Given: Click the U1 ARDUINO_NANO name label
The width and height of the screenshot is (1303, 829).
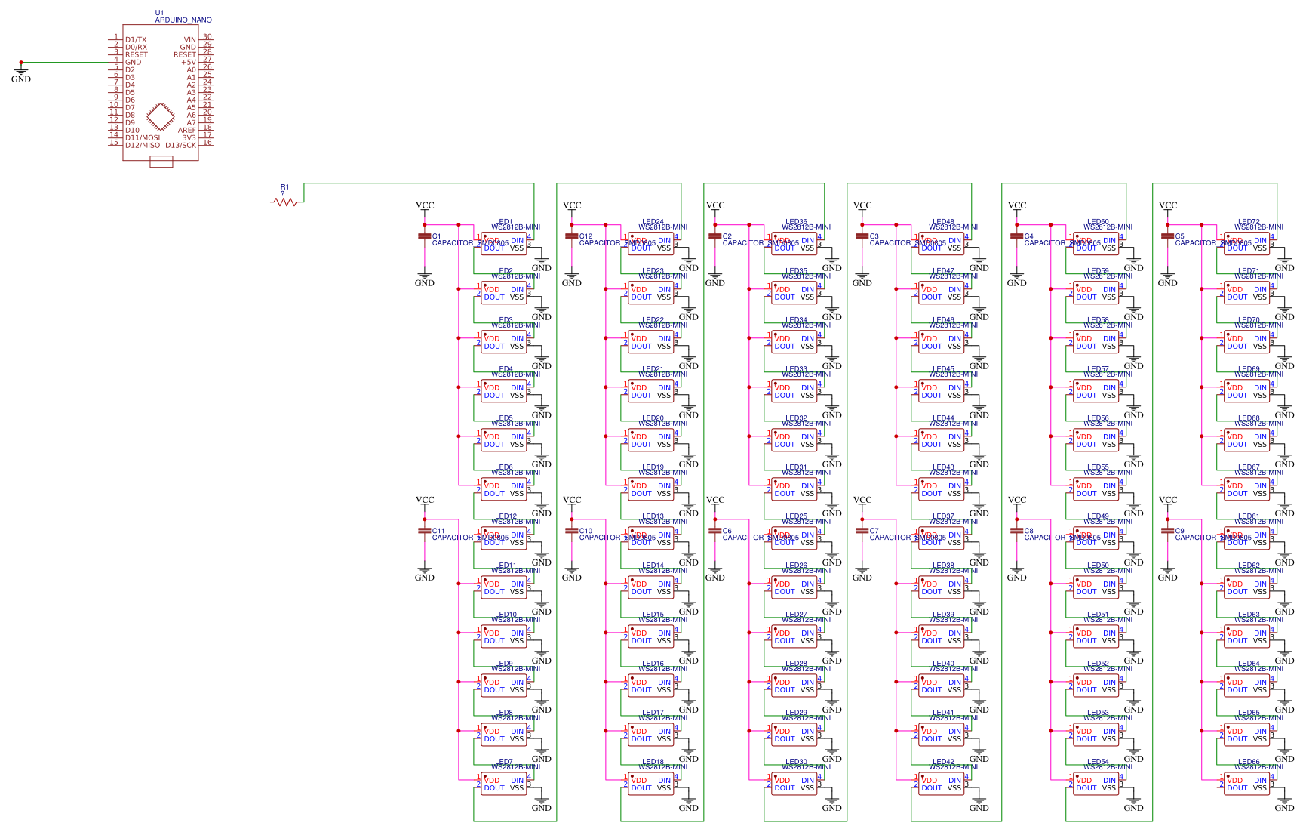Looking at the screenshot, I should pyautogui.click(x=183, y=20).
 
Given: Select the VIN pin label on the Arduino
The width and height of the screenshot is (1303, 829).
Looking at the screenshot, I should pyautogui.click(x=189, y=39).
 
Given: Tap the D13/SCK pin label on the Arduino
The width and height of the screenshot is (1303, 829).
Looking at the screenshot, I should pyautogui.click(x=180, y=145).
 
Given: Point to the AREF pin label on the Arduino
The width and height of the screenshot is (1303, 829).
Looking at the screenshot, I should pyautogui.click(x=186, y=130).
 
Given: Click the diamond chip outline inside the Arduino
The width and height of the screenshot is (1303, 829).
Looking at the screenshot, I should pyautogui.click(x=159, y=116).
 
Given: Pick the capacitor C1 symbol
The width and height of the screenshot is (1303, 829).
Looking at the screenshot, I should pyautogui.click(x=424, y=236).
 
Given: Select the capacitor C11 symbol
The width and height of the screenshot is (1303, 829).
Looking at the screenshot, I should pyautogui.click(x=424, y=531).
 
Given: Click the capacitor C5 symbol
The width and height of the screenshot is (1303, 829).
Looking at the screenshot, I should pyautogui.click(x=1167, y=236).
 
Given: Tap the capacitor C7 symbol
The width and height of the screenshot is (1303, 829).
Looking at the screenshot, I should pyautogui.click(x=862, y=531).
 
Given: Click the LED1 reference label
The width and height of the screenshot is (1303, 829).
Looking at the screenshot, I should pyautogui.click(x=503, y=222).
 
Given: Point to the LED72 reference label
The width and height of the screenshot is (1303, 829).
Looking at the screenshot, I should pyautogui.click(x=1249, y=222).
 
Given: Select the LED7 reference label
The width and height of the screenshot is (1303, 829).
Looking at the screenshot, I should pyautogui.click(x=503, y=762).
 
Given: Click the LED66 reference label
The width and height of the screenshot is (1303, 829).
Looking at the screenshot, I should pyautogui.click(x=1249, y=762).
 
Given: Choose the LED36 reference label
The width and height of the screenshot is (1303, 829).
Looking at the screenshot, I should pyautogui.click(x=796, y=222).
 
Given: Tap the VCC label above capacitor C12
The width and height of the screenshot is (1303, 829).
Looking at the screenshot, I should pyautogui.click(x=572, y=205).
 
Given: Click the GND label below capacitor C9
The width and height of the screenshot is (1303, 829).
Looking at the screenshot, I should pyautogui.click(x=1167, y=578).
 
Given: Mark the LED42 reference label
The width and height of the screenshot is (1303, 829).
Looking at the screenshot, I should pyautogui.click(x=943, y=762).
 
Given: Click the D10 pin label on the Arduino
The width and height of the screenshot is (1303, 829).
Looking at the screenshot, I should pyautogui.click(x=132, y=130).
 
